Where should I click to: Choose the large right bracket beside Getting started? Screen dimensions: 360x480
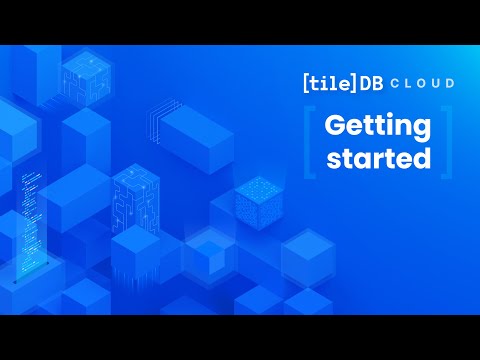[x=446, y=144]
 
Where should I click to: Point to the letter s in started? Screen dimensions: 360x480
[x=326, y=159]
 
